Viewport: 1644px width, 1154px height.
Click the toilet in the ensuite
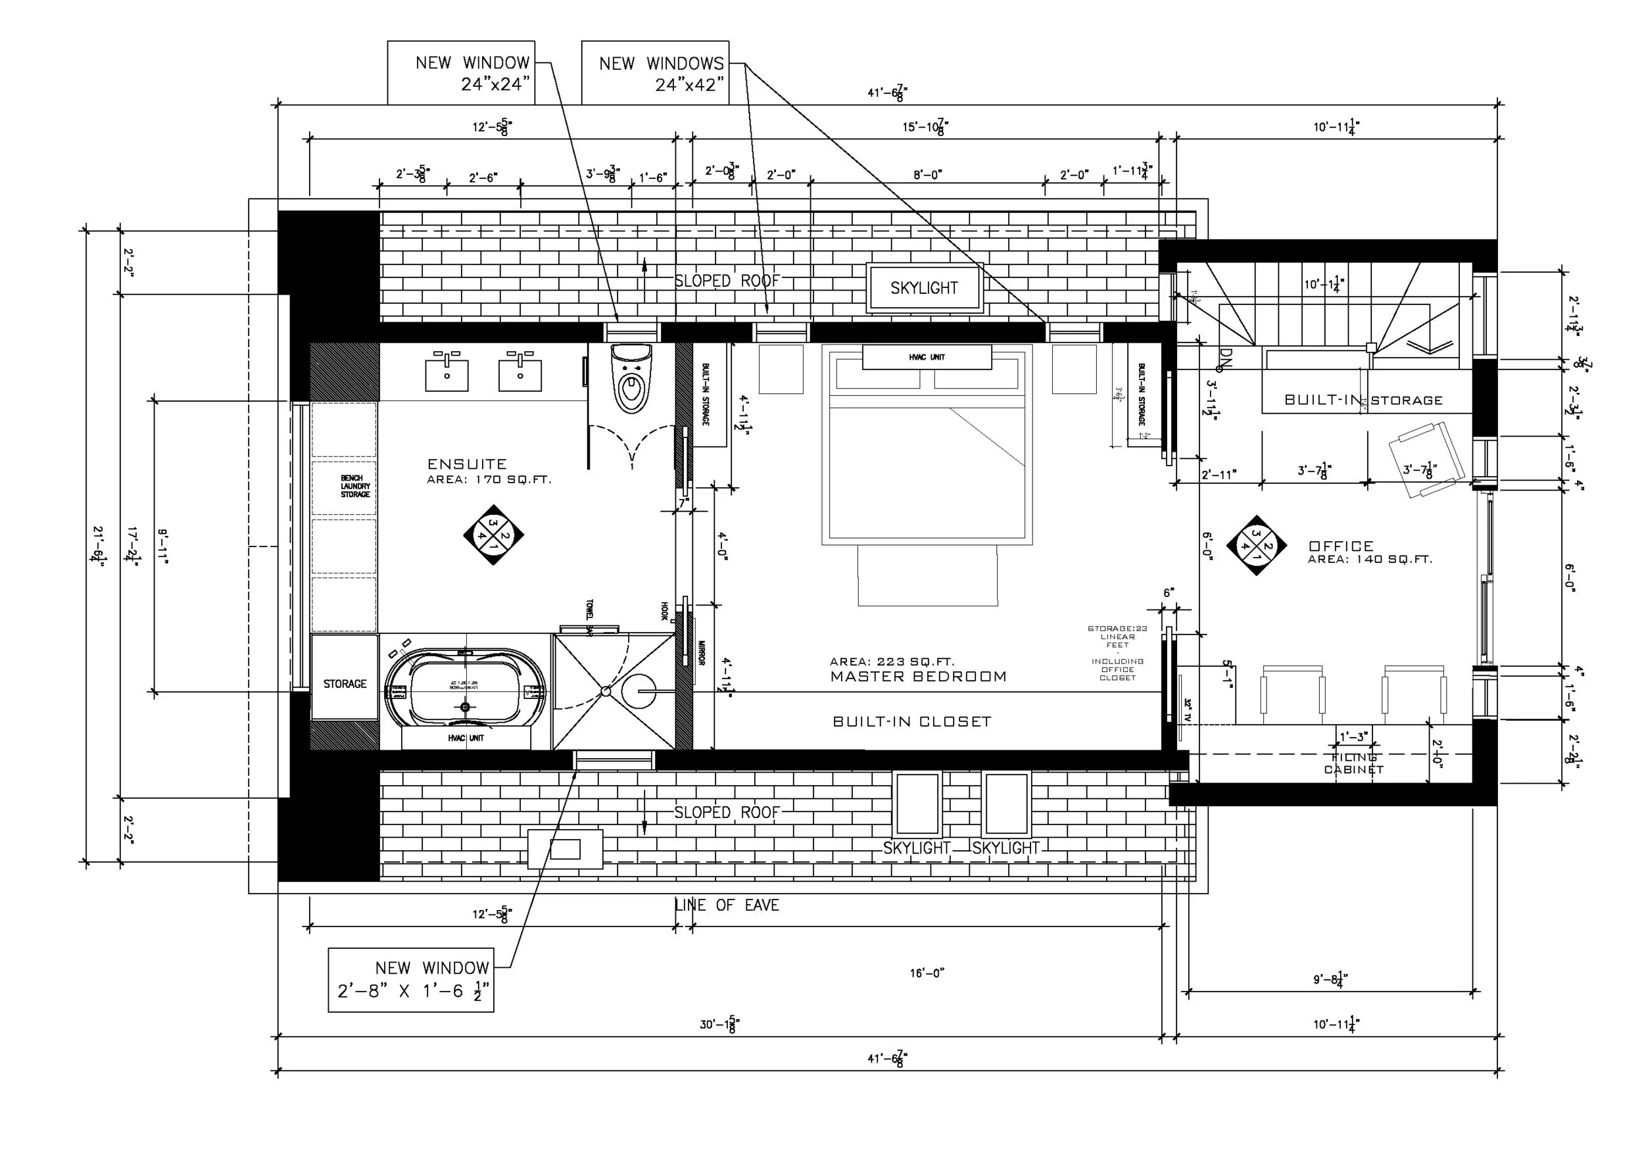pyautogui.click(x=632, y=379)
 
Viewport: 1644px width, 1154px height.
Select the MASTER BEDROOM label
pyautogui.click(x=918, y=677)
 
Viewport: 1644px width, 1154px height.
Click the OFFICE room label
pyautogui.click(x=1340, y=546)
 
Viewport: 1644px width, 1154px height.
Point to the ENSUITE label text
pyautogui.click(x=467, y=464)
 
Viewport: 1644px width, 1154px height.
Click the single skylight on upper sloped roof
pyautogui.click(x=924, y=288)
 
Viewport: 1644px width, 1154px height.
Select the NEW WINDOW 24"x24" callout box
pyautogui.click(x=461, y=72)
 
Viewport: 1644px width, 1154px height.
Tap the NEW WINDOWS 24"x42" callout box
pyautogui.click(x=654, y=72)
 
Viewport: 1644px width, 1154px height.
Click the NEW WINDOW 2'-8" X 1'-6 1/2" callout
pyautogui.click(x=411, y=979)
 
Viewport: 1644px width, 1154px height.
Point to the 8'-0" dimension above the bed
pyautogui.click(x=927, y=174)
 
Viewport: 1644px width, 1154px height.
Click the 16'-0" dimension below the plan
pyautogui.click(x=927, y=973)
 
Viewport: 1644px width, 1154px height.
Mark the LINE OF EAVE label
pyautogui.click(x=727, y=905)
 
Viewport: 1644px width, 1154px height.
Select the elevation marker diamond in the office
pyautogui.click(x=1256, y=546)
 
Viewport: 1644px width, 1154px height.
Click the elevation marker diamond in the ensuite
pyautogui.click(x=493, y=535)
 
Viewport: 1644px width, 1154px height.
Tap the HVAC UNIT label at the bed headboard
pyautogui.click(x=927, y=356)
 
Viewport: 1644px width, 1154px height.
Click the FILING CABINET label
pyautogui.click(x=1353, y=764)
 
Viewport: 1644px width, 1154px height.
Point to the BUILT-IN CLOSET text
pyautogui.click(x=911, y=721)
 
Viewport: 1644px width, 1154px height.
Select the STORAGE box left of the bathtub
pyautogui.click(x=345, y=677)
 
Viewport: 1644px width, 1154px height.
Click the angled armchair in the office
pyautogui.click(x=1425, y=458)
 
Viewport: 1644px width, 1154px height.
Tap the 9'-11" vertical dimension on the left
pyautogui.click(x=162, y=547)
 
